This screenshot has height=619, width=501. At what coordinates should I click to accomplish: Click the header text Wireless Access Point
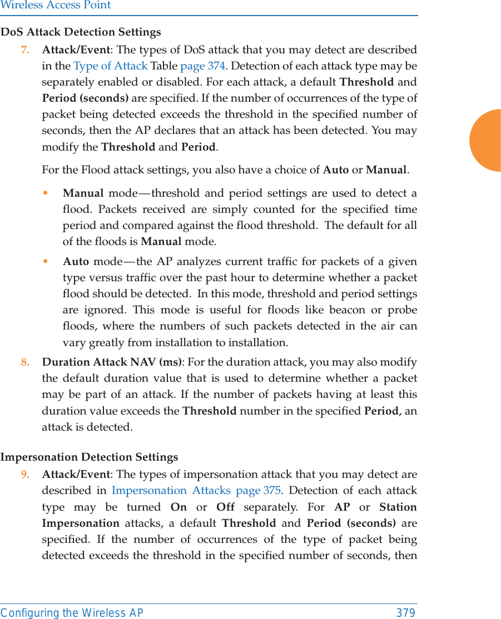click(x=56, y=6)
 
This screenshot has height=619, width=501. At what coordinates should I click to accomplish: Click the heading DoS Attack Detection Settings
click(x=81, y=32)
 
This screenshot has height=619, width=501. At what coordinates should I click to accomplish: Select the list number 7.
click(x=25, y=50)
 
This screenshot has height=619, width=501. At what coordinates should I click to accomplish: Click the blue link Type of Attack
click(x=110, y=66)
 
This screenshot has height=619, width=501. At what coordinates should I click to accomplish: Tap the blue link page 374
click(x=202, y=66)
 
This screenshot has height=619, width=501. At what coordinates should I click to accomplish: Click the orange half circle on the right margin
click(x=486, y=140)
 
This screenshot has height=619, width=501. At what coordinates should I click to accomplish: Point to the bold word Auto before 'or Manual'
click(x=335, y=169)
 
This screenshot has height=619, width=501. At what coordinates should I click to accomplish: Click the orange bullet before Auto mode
click(x=52, y=262)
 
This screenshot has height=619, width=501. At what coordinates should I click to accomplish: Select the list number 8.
click(x=25, y=362)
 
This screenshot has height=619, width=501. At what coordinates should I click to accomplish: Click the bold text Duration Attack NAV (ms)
click(x=111, y=362)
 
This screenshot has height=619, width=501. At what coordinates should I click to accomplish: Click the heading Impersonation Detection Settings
click(x=90, y=457)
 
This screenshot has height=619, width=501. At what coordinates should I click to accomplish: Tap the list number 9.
click(x=25, y=475)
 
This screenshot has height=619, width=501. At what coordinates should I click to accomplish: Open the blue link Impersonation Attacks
click(x=171, y=491)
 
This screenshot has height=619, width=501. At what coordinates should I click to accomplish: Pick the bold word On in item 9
click(x=178, y=507)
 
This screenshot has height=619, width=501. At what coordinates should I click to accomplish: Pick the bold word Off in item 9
click(x=225, y=507)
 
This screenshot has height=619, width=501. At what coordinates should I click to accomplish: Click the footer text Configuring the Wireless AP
click(x=72, y=613)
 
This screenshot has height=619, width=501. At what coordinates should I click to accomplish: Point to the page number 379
click(x=405, y=613)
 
